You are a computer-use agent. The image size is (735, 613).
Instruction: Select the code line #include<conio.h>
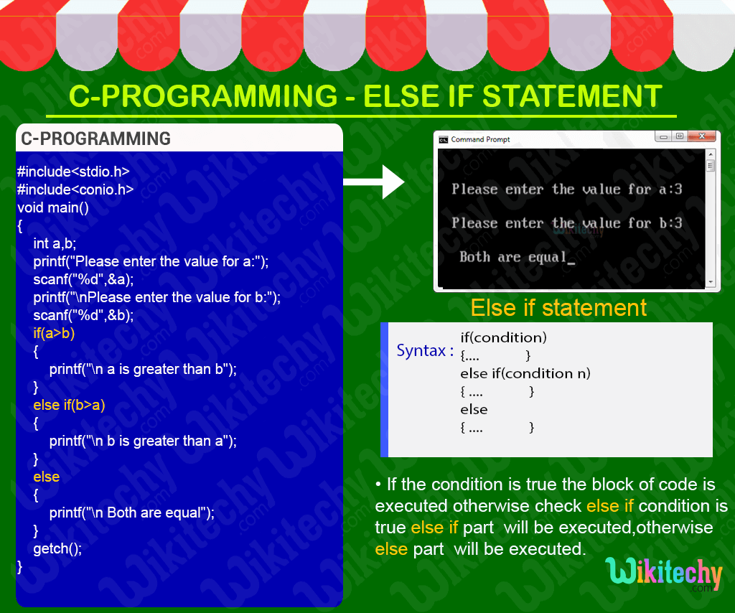(75, 189)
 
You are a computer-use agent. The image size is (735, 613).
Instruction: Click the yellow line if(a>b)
(54, 333)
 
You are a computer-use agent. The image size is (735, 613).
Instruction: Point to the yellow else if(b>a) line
(69, 405)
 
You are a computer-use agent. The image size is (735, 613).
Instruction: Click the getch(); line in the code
(57, 548)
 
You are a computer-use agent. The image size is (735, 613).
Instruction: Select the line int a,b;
(55, 243)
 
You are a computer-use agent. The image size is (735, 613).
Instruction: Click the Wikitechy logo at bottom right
(664, 574)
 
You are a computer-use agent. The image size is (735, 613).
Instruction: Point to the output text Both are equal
(513, 257)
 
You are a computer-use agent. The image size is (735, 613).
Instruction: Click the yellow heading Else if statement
(558, 308)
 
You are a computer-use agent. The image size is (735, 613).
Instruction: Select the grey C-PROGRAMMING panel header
(179, 138)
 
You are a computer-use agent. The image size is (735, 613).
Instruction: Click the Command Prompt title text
(480, 139)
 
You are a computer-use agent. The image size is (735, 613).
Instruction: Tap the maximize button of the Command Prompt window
(679, 136)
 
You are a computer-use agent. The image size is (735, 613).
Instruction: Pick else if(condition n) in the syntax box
(525, 373)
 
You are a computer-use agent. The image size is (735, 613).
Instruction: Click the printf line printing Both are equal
(132, 513)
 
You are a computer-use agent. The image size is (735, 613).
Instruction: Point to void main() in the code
(52, 207)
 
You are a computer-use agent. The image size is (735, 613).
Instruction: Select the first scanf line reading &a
(83, 279)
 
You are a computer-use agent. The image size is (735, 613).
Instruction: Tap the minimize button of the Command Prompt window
(663, 136)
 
